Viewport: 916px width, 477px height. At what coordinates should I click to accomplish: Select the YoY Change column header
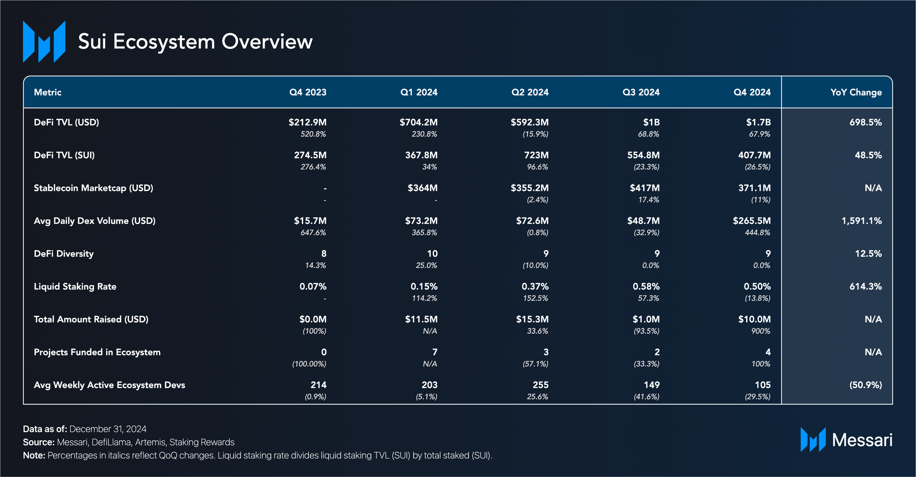[x=856, y=92]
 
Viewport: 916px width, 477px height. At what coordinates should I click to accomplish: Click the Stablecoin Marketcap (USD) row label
[x=93, y=188]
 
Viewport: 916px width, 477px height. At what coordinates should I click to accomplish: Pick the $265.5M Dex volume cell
[x=751, y=221]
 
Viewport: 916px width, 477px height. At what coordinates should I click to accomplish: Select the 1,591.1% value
[x=861, y=221]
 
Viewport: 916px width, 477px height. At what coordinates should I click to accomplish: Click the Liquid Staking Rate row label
[x=75, y=287]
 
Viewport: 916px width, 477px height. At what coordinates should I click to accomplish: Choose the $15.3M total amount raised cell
[x=532, y=320]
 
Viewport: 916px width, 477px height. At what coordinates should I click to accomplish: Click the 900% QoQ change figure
[x=760, y=331]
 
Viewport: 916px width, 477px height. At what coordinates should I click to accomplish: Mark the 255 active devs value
[x=541, y=385]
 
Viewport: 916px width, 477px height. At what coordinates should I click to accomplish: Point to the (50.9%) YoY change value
[x=865, y=385]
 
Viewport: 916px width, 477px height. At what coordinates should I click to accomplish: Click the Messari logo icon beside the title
[x=44, y=41]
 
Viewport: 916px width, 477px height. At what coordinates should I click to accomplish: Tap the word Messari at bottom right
[x=862, y=440]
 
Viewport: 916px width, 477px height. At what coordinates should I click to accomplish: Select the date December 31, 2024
[x=108, y=429]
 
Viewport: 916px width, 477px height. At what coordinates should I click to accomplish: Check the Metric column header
[x=47, y=92]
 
